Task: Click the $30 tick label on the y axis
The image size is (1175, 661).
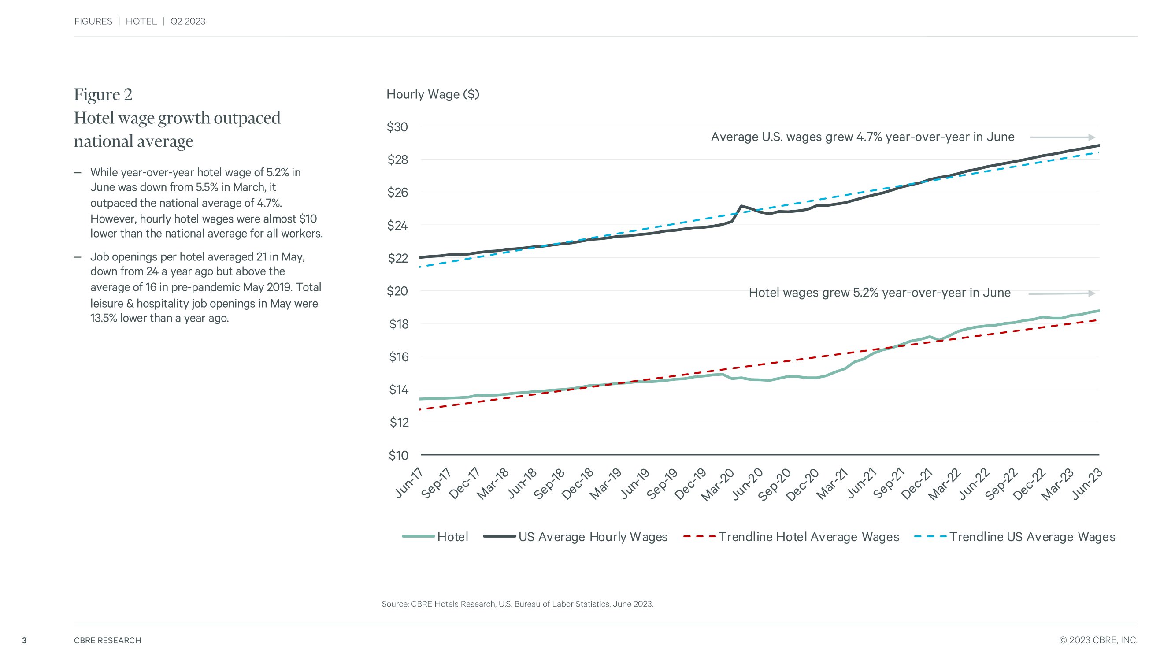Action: (x=397, y=127)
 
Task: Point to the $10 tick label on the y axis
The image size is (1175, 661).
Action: (x=398, y=455)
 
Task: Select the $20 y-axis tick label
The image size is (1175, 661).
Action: (x=397, y=291)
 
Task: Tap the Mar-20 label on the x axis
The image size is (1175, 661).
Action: (x=718, y=484)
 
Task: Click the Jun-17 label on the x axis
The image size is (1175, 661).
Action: (x=409, y=483)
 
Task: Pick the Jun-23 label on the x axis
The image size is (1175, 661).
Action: (x=1086, y=483)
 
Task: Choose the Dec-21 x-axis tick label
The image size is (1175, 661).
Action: (x=917, y=484)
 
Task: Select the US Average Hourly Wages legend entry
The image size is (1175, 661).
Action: (x=575, y=537)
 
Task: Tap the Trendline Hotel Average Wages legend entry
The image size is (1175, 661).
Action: (x=791, y=537)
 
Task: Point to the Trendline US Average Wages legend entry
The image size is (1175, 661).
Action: (x=1015, y=537)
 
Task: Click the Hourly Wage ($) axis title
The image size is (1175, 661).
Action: (x=432, y=94)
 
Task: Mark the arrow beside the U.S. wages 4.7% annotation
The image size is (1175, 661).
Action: (x=1062, y=137)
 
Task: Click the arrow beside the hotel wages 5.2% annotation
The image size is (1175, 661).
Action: (x=1061, y=293)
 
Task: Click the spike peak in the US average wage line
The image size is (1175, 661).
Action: (x=741, y=206)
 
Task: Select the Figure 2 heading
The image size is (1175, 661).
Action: (x=103, y=94)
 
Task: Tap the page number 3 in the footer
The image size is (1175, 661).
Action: (x=24, y=640)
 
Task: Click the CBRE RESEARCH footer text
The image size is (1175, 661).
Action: (x=107, y=640)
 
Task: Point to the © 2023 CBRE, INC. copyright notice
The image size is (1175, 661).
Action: (x=1098, y=640)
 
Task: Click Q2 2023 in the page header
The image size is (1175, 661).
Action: (x=188, y=22)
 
